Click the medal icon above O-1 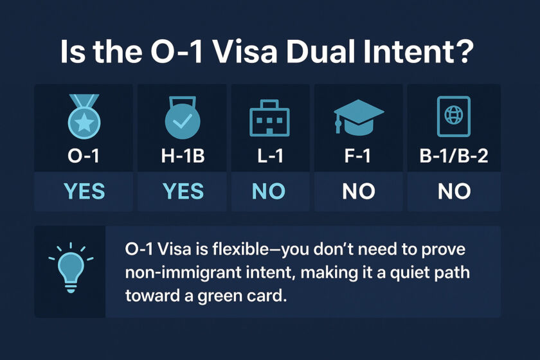[85, 118]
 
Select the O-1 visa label [85, 157]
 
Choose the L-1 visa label [269, 157]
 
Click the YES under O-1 [85, 191]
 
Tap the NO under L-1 [269, 191]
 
